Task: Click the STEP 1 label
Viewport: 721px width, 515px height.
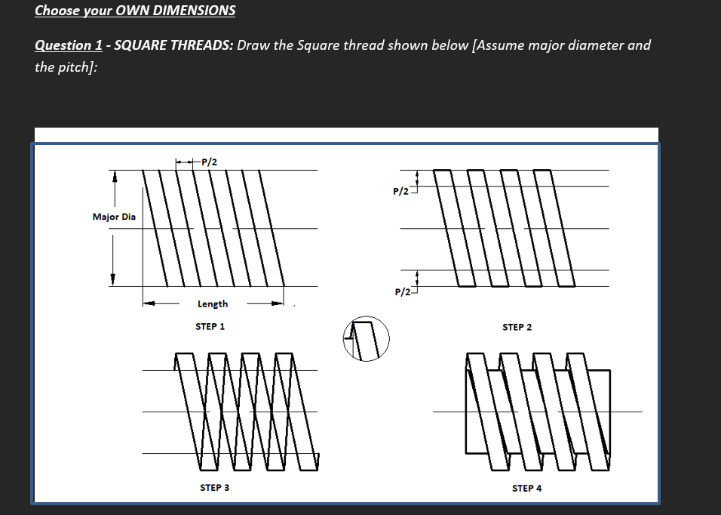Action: pos(210,327)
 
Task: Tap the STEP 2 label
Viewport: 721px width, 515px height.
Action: pos(517,327)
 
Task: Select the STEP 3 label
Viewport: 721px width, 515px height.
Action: pos(214,488)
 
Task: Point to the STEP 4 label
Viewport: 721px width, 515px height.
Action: pos(526,489)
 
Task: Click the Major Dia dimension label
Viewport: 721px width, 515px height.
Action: pos(114,217)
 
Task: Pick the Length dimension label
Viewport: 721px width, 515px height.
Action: pos(213,304)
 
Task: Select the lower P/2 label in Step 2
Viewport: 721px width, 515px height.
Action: pos(401,291)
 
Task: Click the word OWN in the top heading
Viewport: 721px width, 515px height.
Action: pos(120,11)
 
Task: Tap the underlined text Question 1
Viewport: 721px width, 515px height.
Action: pos(69,45)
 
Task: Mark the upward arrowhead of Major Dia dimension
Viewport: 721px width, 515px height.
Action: pos(114,177)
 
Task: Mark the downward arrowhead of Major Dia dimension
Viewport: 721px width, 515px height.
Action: pos(114,279)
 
